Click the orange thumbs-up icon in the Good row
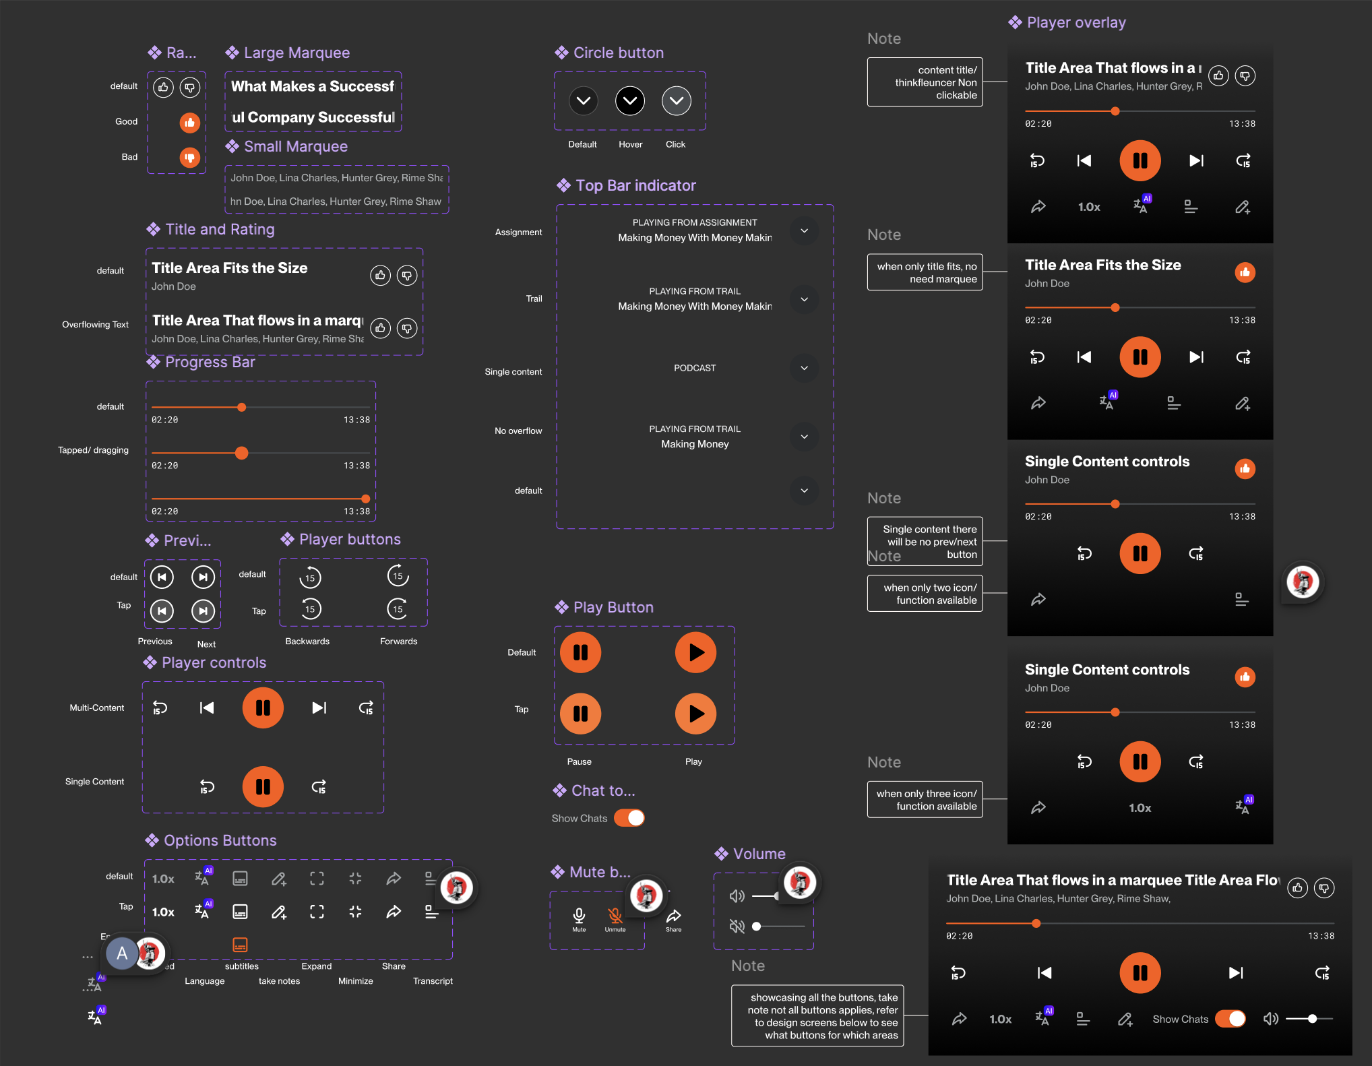pyautogui.click(x=190, y=123)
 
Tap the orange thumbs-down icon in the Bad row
pyautogui.click(x=190, y=158)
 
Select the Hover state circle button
pyautogui.click(x=630, y=101)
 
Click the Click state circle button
pyautogui.click(x=677, y=101)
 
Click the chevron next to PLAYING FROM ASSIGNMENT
pyautogui.click(x=804, y=230)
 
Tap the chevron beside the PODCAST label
pyautogui.click(x=804, y=368)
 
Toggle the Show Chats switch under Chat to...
pyautogui.click(x=629, y=818)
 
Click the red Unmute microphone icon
pyautogui.click(x=615, y=915)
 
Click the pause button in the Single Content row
pyautogui.click(x=263, y=786)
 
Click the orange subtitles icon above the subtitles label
pyautogui.click(x=240, y=945)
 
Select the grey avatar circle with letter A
pyautogui.click(x=122, y=953)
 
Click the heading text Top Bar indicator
pyautogui.click(x=635, y=185)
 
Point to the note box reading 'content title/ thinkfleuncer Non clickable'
pyautogui.click(x=925, y=82)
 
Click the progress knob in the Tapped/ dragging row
pyautogui.click(x=241, y=453)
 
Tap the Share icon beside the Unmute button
pyautogui.click(x=673, y=916)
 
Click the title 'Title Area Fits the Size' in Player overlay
pyautogui.click(x=1102, y=265)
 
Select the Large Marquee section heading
pyautogui.click(x=297, y=53)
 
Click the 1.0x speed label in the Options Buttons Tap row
pyautogui.click(x=163, y=912)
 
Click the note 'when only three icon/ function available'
pyautogui.click(x=925, y=800)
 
